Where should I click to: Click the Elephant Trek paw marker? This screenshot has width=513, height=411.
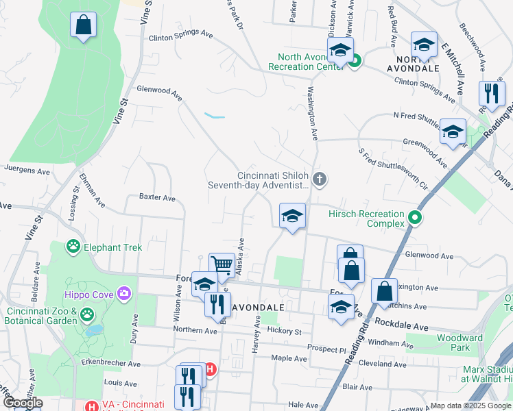pos(73,246)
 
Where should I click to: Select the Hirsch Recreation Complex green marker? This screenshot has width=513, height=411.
pos(414,219)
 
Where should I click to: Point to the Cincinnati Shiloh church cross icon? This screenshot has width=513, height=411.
pos(319,179)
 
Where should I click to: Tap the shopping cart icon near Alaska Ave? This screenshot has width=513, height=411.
pos(222,264)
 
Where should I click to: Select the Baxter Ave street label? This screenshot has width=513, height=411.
pos(157,197)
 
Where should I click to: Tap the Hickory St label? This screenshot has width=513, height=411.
pos(285,332)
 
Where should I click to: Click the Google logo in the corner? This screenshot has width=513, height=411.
pos(23,403)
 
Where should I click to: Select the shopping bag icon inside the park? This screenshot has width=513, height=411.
pos(83,26)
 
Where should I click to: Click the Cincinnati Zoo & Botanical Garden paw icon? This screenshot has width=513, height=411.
pos(87,314)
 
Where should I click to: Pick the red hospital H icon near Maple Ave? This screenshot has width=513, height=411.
pos(211,369)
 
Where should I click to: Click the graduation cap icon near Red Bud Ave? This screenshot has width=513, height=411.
pos(424,45)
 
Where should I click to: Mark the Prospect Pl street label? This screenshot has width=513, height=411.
pos(327,349)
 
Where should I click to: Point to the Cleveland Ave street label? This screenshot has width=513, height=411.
pos(378,364)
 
